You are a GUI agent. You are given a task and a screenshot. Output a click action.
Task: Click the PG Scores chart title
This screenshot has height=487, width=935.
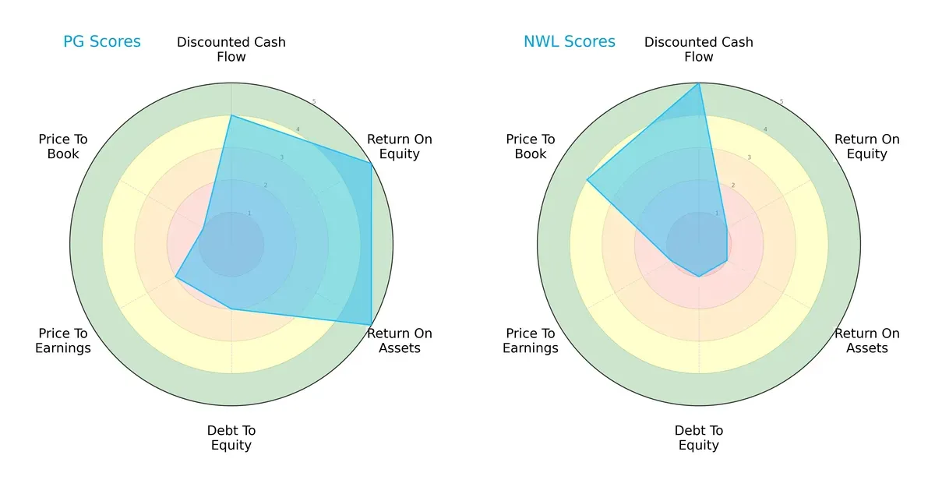(102, 41)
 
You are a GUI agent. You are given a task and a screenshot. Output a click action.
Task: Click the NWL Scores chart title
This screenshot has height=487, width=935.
(570, 41)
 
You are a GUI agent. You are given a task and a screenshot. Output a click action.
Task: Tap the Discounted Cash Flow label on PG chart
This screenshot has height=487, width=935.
(231, 49)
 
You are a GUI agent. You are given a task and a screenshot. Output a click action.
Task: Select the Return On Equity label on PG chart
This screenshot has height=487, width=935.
(400, 146)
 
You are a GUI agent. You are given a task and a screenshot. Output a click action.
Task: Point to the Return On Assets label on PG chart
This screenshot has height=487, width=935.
(400, 341)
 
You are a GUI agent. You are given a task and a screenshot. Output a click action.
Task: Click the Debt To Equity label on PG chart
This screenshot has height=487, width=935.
(231, 438)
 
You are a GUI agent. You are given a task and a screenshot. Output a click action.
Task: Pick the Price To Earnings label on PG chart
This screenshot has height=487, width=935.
(63, 341)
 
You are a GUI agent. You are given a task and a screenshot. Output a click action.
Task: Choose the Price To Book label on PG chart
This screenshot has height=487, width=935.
(63, 146)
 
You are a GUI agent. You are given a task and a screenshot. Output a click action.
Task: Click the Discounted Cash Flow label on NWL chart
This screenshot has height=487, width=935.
(699, 49)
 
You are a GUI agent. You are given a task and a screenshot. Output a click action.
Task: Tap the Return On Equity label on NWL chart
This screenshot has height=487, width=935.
(867, 146)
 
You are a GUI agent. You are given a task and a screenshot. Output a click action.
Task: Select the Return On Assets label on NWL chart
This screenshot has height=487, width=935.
(867, 341)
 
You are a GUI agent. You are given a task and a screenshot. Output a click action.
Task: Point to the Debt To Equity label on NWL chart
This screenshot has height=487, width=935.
(699, 438)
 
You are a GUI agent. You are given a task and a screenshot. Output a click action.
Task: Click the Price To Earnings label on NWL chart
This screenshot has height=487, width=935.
(531, 341)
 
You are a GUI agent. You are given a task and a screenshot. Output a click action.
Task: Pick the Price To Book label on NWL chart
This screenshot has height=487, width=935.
(531, 146)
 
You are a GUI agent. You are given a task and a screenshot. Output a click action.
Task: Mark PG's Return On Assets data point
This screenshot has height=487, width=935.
(371, 324)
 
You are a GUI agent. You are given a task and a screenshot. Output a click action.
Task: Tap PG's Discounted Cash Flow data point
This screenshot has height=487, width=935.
(231, 115)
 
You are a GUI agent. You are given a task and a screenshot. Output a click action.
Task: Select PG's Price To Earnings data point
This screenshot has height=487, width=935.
(175, 277)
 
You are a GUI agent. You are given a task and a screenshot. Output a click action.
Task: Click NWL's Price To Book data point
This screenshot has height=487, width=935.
(587, 180)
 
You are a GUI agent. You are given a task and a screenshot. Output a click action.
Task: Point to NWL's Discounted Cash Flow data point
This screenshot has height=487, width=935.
(699, 83)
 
